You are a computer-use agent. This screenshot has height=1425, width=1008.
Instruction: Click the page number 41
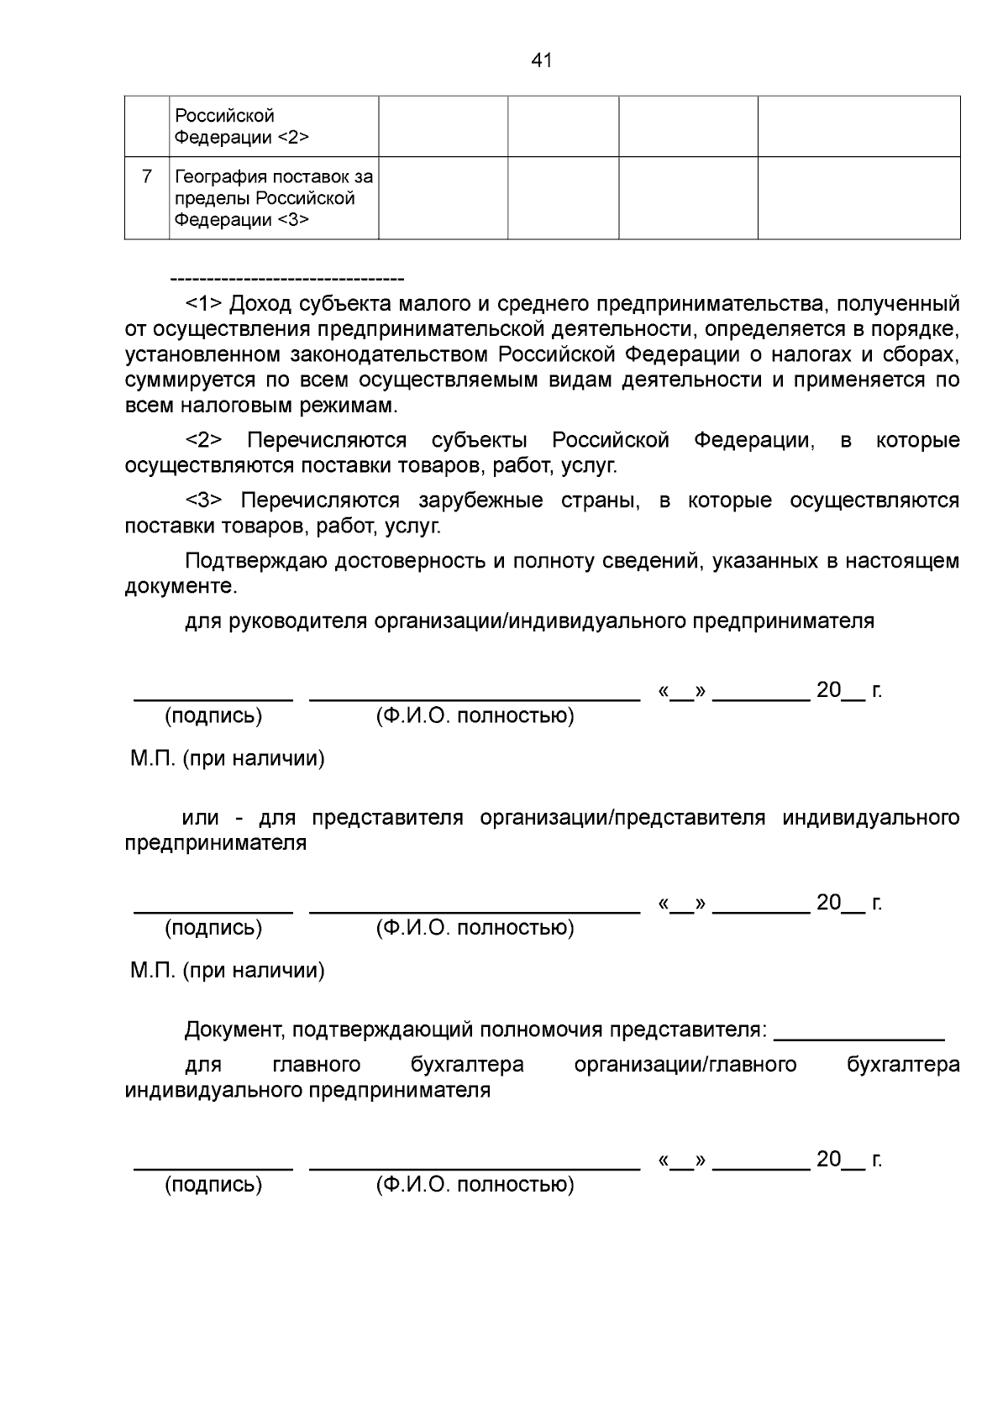click(542, 60)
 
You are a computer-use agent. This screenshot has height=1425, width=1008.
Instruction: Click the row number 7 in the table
click(147, 176)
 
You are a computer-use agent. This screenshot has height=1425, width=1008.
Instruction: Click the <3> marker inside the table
click(292, 221)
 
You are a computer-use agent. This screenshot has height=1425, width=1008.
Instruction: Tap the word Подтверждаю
click(256, 562)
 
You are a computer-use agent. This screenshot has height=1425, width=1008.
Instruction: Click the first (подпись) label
click(213, 716)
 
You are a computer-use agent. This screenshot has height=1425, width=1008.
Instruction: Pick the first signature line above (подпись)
click(213, 699)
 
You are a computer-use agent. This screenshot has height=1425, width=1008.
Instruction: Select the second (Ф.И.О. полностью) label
click(475, 928)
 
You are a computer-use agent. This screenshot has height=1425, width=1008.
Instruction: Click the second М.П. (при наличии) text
click(227, 972)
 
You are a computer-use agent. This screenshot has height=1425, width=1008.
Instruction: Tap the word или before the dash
click(201, 818)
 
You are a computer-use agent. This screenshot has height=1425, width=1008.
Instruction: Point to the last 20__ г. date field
click(848, 1160)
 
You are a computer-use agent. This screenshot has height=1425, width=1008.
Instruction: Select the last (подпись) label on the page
click(213, 1185)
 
